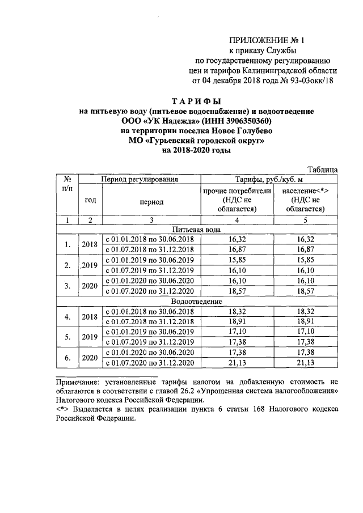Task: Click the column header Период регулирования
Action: (140, 179)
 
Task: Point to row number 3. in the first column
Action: (68, 285)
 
